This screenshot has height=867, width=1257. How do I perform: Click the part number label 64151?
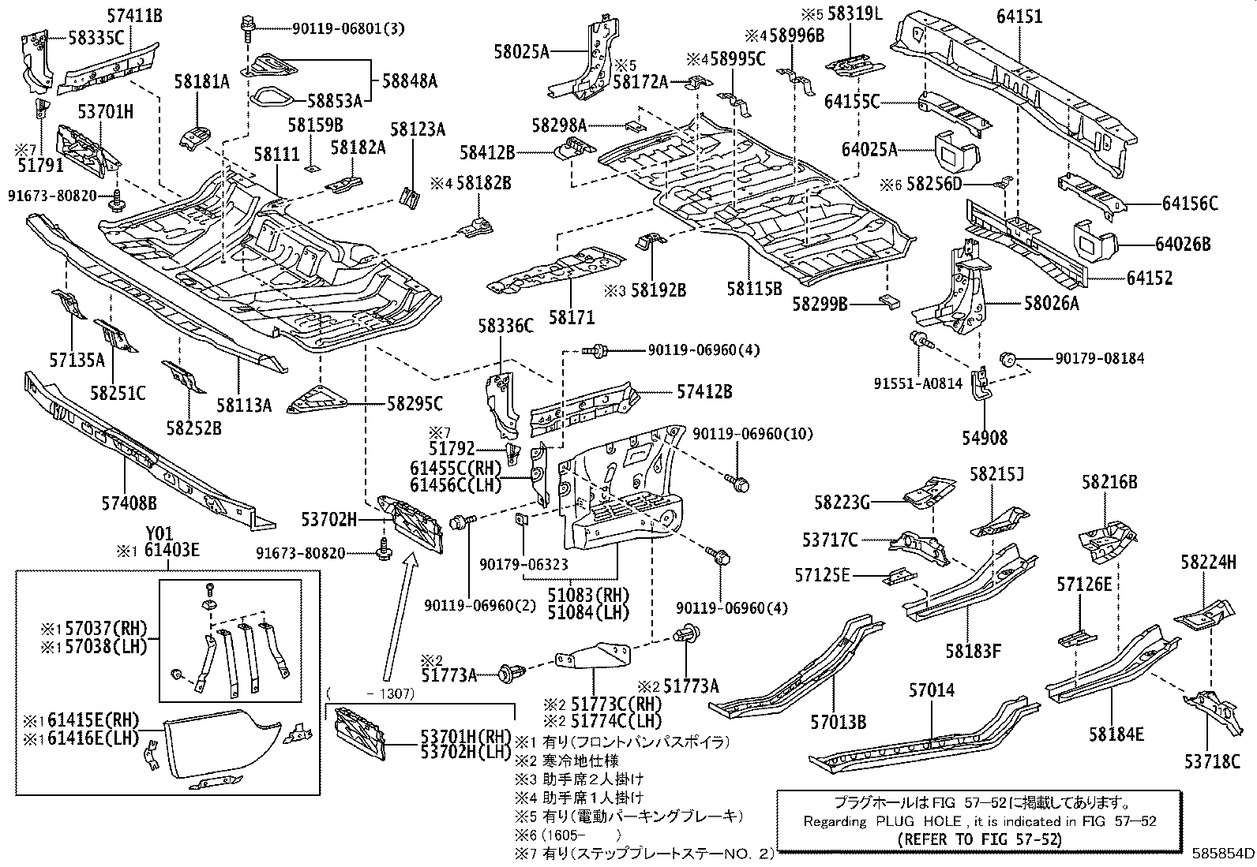pyautogui.click(x=1019, y=17)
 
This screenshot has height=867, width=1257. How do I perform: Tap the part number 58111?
pyautogui.click(x=276, y=154)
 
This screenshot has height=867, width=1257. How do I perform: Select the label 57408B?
pyautogui.click(x=129, y=503)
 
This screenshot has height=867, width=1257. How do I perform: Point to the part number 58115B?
pyautogui.click(x=754, y=288)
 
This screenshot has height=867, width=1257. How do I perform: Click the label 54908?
pyautogui.click(x=985, y=437)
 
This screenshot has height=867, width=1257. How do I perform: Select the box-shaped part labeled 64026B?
pyautogui.click(x=1095, y=242)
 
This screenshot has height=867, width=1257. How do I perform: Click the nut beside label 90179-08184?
pyautogui.click(x=1007, y=358)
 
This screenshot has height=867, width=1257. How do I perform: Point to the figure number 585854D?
pyautogui.click(x=1223, y=853)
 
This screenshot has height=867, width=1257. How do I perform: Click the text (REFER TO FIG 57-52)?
pyautogui.click(x=979, y=839)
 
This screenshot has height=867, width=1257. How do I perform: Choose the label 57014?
pyautogui.click(x=932, y=689)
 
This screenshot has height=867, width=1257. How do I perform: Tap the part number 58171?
pyautogui.click(x=572, y=317)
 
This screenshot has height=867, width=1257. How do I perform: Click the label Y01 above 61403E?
pyautogui.click(x=159, y=533)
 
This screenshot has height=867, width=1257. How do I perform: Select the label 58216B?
pyautogui.click(x=1109, y=482)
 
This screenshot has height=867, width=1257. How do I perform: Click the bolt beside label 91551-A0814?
pyautogui.click(x=920, y=339)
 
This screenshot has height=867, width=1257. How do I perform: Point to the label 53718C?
pyautogui.click(x=1212, y=761)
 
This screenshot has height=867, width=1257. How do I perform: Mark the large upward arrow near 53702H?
pyautogui.click(x=400, y=616)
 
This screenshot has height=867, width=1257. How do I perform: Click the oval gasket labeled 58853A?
pyautogui.click(x=273, y=98)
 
